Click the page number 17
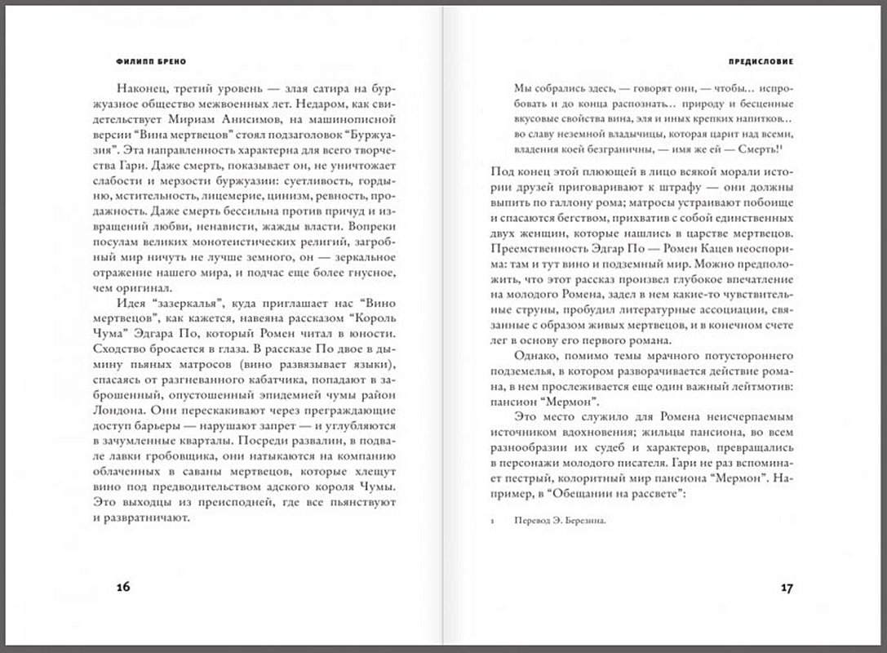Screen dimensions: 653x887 (x=787, y=588)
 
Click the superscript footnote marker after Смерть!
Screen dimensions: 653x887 (x=782, y=146)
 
